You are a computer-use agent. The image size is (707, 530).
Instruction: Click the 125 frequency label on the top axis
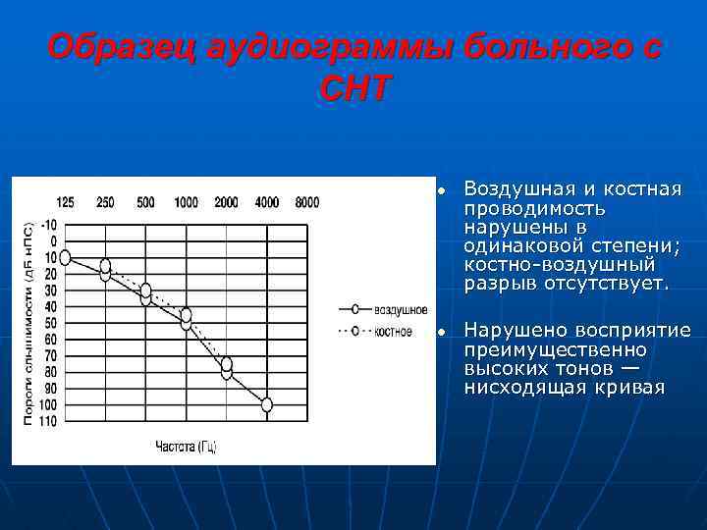click(65, 202)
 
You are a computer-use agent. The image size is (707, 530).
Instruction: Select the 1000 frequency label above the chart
click(186, 202)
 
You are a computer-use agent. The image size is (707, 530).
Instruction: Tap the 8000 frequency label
click(306, 202)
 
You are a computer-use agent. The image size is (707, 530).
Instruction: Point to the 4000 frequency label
click(266, 202)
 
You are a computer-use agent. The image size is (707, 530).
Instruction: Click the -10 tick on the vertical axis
click(49, 224)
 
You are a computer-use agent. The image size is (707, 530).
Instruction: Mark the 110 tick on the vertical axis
click(48, 421)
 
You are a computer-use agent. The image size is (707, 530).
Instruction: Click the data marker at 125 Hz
click(65, 257)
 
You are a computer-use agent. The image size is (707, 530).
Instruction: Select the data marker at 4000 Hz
click(266, 404)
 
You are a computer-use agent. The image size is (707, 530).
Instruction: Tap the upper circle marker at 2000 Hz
click(226, 364)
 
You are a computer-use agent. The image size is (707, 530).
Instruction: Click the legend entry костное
click(393, 331)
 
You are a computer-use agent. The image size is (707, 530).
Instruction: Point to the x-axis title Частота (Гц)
click(186, 447)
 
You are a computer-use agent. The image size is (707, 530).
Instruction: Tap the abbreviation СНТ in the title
click(353, 89)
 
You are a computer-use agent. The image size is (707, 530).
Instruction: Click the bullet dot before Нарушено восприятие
click(443, 332)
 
